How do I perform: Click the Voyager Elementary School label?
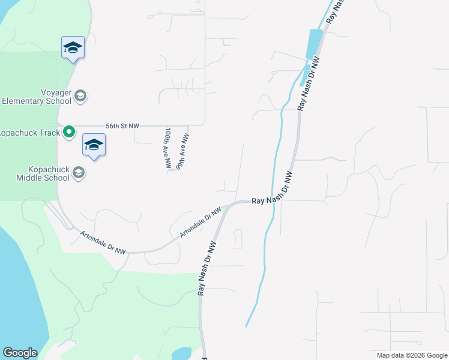[x=36, y=97]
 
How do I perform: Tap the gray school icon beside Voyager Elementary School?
[x=80, y=95]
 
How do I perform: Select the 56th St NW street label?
[x=122, y=126]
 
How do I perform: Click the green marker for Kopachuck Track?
[x=70, y=131]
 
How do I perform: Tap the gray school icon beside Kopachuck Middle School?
[x=78, y=173]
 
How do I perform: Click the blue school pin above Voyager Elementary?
[x=73, y=48]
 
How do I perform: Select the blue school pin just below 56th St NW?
[x=94, y=146]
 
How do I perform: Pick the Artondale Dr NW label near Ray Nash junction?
[x=200, y=221]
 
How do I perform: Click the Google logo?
[x=20, y=353]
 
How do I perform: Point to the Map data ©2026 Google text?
[x=411, y=355]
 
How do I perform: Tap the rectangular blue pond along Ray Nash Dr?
[x=313, y=43]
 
